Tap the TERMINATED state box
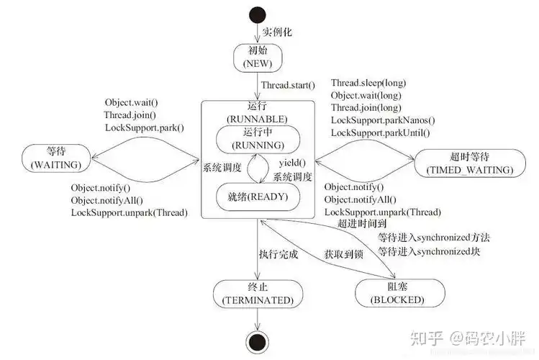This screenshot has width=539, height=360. coord(256,292)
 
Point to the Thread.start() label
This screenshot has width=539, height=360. coord(288,85)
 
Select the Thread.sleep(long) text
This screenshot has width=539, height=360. coord(366,84)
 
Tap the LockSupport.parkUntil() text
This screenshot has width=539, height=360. coord(380,132)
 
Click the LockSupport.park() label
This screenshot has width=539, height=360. coord(144,127)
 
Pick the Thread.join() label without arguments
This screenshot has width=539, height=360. coord(130,115)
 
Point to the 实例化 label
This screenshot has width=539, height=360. coord(277,32)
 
